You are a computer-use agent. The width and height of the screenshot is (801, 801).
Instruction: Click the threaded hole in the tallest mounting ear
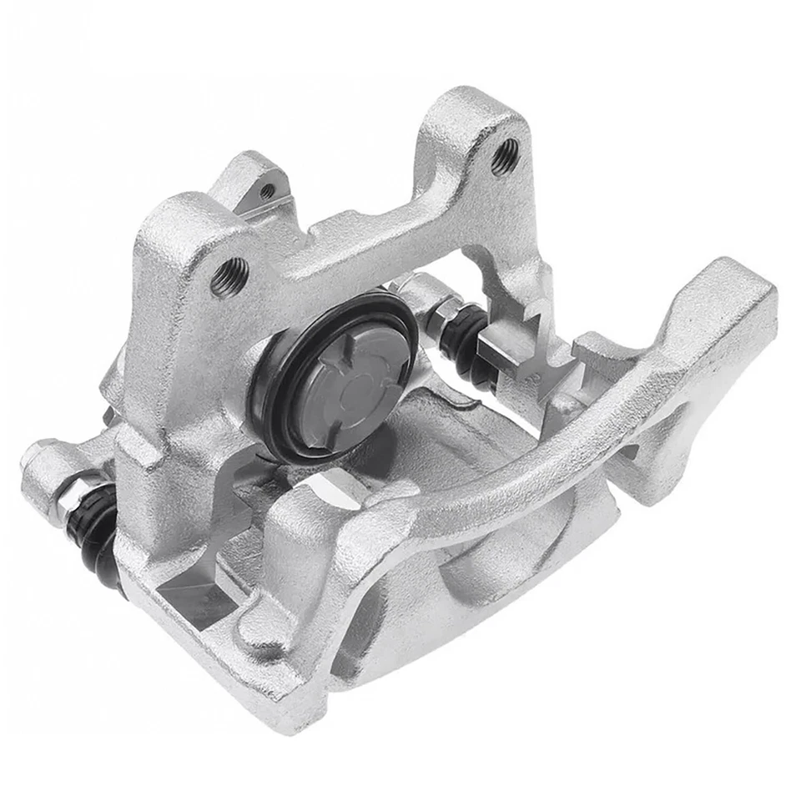click(503, 156)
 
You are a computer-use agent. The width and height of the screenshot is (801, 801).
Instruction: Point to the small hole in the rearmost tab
click(267, 191)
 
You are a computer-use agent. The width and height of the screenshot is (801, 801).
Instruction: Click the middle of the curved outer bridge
click(534, 467)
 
